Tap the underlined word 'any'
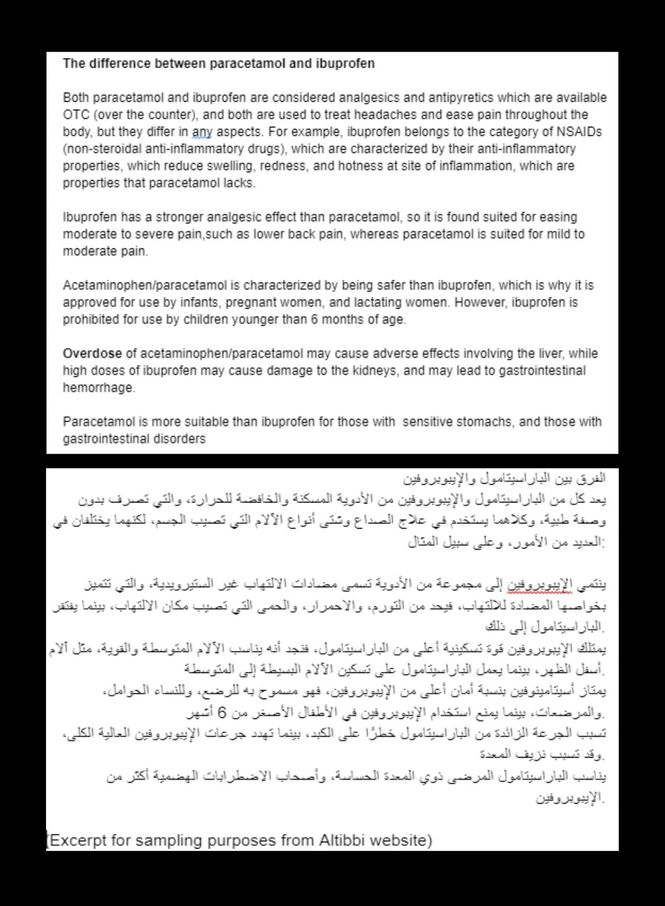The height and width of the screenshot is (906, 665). (202, 132)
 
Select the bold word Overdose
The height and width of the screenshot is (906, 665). (92, 354)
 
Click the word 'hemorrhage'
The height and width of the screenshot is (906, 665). (98, 388)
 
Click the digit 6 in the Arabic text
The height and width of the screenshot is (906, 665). (223, 712)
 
